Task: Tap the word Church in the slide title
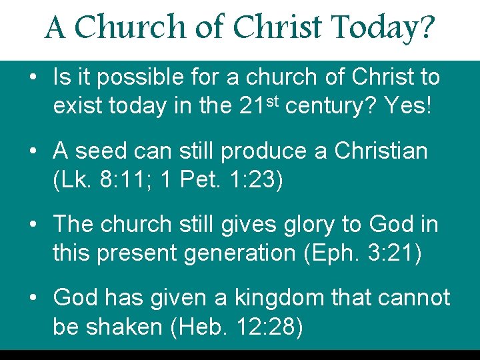pyautogui.click(x=129, y=28)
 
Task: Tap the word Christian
pyautogui.click(x=381, y=151)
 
